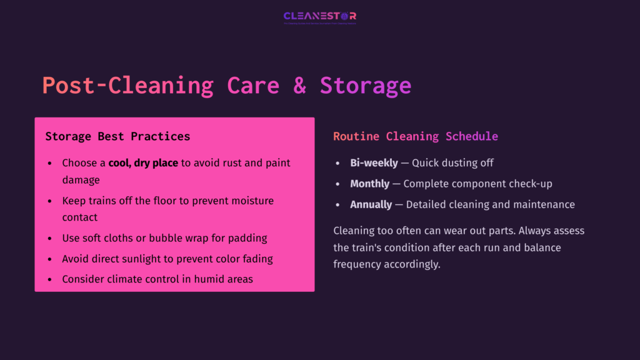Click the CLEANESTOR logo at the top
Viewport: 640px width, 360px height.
pyautogui.click(x=319, y=17)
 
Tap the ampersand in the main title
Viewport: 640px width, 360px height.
pyautogui.click(x=300, y=86)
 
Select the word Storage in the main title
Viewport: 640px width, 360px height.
pyautogui.click(x=366, y=86)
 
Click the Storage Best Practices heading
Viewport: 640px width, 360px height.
pyautogui.click(x=117, y=136)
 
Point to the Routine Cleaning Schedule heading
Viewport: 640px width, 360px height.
pyautogui.click(x=416, y=136)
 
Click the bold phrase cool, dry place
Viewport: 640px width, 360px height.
pyautogui.click(x=144, y=163)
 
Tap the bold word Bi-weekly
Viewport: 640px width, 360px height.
pyautogui.click(x=374, y=163)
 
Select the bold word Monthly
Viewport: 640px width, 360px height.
pyautogui.click(x=371, y=184)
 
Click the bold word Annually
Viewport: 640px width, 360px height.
pyautogui.click(x=371, y=204)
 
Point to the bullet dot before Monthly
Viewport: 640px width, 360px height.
pyautogui.click(x=338, y=184)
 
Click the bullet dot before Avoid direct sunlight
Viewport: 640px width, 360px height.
pyautogui.click(x=50, y=259)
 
